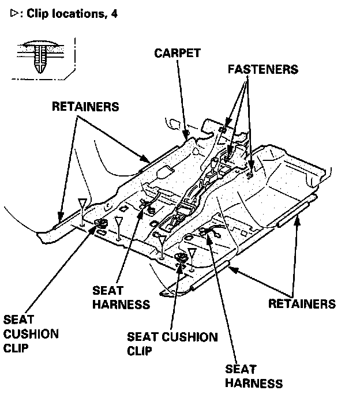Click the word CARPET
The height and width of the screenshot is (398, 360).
[177, 53]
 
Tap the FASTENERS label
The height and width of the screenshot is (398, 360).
[262, 69]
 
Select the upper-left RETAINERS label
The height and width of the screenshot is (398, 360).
[85, 107]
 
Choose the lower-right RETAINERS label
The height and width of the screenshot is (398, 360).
[302, 303]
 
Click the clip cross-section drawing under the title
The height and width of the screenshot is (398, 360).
[40, 56]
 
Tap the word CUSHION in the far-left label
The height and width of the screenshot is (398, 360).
[31, 334]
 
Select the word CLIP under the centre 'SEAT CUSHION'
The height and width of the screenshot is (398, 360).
[140, 351]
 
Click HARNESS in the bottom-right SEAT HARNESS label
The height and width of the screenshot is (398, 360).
[254, 383]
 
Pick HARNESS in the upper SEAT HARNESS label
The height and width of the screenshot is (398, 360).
[121, 304]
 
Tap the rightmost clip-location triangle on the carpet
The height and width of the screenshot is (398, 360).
[192, 253]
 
